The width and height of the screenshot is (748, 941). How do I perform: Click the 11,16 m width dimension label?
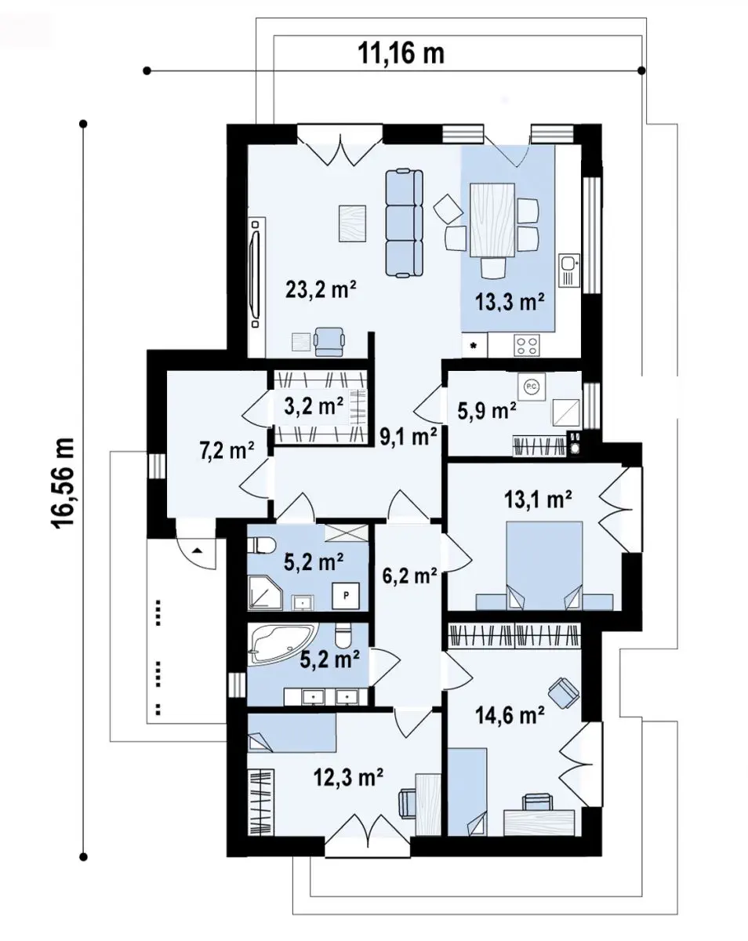[401, 53]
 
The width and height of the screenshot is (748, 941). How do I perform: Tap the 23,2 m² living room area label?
[321, 289]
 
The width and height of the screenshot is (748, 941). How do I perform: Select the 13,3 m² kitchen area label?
[510, 302]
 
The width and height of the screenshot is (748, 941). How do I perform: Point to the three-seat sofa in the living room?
[405, 223]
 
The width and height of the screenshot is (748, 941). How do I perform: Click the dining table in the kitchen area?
[492, 220]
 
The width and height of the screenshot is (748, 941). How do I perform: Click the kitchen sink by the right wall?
[569, 271]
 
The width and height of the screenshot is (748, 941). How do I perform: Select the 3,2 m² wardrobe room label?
[314, 406]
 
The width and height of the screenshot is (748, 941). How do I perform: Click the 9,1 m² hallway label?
[408, 437]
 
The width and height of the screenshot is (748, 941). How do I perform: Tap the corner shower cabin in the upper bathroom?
[265, 593]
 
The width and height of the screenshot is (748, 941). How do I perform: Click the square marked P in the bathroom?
[346, 595]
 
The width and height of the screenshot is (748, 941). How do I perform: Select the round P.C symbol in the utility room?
[531, 387]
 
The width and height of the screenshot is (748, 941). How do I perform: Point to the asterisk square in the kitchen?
[474, 346]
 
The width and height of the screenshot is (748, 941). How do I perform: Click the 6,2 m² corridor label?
[409, 576]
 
